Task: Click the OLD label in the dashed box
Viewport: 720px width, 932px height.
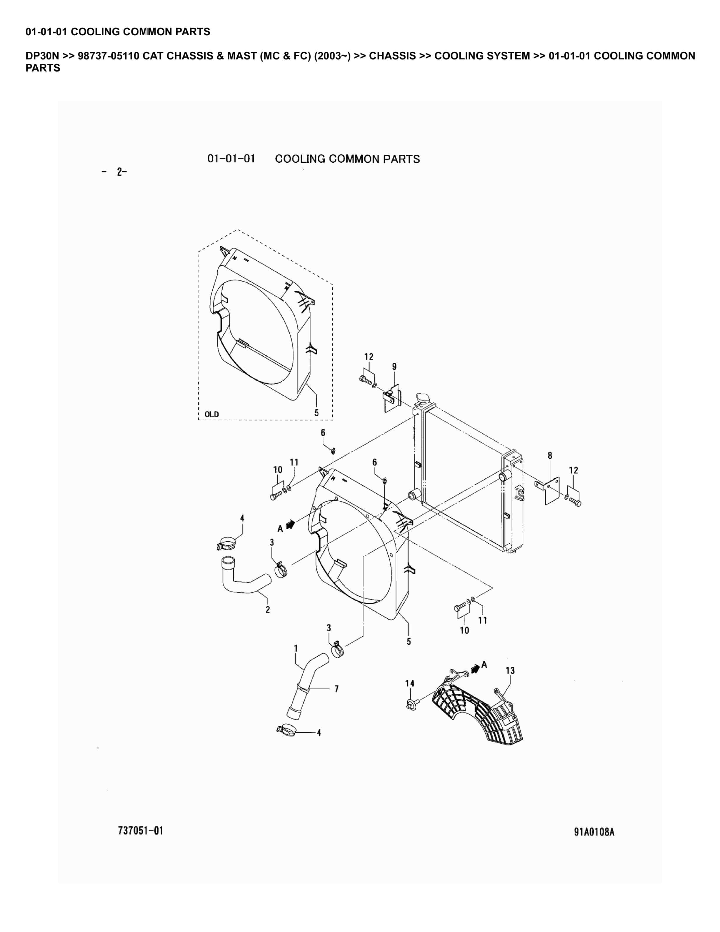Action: click(211, 414)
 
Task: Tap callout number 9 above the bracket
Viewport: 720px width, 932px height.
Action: click(394, 367)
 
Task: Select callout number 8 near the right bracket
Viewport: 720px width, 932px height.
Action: click(550, 456)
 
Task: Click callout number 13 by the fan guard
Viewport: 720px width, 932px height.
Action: click(510, 670)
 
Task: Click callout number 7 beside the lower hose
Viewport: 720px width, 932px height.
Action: click(336, 689)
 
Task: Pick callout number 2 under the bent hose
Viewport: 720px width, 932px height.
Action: click(268, 610)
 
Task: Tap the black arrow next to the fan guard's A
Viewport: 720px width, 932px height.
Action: click(475, 668)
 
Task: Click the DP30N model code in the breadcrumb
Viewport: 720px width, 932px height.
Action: click(42, 56)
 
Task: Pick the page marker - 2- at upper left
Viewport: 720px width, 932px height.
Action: click(115, 172)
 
